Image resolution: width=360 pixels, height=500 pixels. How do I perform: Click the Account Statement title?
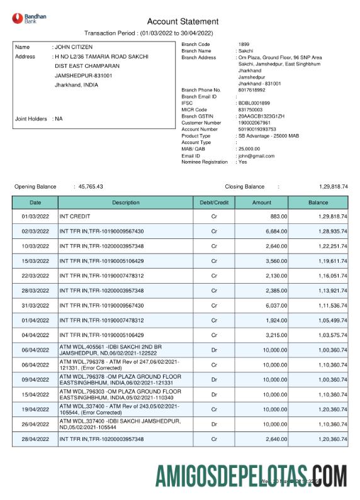coord(183,21)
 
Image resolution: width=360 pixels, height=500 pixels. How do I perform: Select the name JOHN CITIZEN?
coord(73,47)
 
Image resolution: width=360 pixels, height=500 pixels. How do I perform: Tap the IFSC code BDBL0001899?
coord(254,103)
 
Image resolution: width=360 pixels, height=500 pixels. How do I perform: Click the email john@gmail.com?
coord(256,156)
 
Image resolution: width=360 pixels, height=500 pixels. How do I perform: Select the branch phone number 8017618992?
coord(252,90)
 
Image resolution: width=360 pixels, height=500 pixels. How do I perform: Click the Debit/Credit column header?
coord(214,203)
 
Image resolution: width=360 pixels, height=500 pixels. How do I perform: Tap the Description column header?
coord(126,203)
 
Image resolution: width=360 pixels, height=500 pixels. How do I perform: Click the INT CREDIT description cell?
coord(74,216)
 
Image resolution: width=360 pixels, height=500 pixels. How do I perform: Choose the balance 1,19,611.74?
coord(329,261)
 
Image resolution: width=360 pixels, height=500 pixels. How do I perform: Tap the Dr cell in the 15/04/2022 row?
coord(214,394)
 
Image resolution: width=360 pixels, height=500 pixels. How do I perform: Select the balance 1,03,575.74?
coord(329,335)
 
